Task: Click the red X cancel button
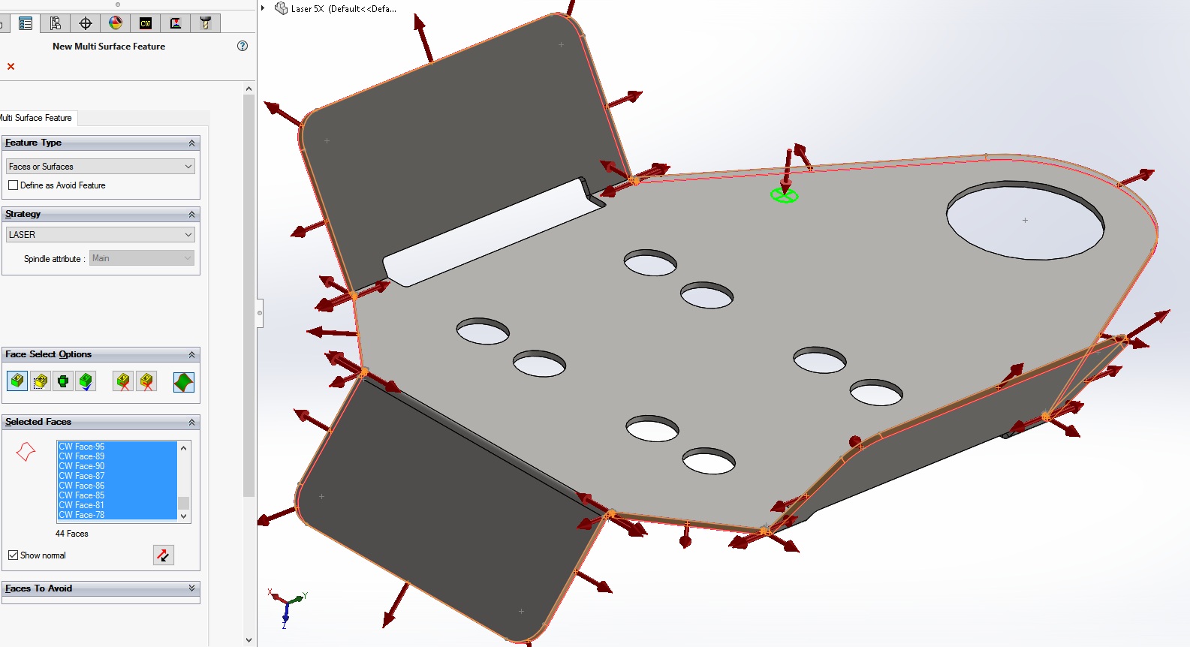tap(11, 66)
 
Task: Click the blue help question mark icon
tap(243, 46)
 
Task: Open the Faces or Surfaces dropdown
tap(101, 167)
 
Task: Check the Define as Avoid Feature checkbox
tap(14, 185)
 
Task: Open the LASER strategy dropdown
tap(101, 234)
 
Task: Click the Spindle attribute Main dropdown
tap(141, 258)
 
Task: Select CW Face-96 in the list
tap(82, 447)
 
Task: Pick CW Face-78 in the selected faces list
tap(82, 515)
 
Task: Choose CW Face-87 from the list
tap(82, 476)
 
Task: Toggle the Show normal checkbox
tap(14, 555)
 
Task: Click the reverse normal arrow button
tap(163, 555)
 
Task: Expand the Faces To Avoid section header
tap(101, 588)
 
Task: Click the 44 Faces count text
tap(72, 534)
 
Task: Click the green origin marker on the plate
tap(784, 195)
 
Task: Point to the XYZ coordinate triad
tap(287, 608)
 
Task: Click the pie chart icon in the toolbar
tap(116, 23)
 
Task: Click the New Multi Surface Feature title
tap(109, 47)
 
